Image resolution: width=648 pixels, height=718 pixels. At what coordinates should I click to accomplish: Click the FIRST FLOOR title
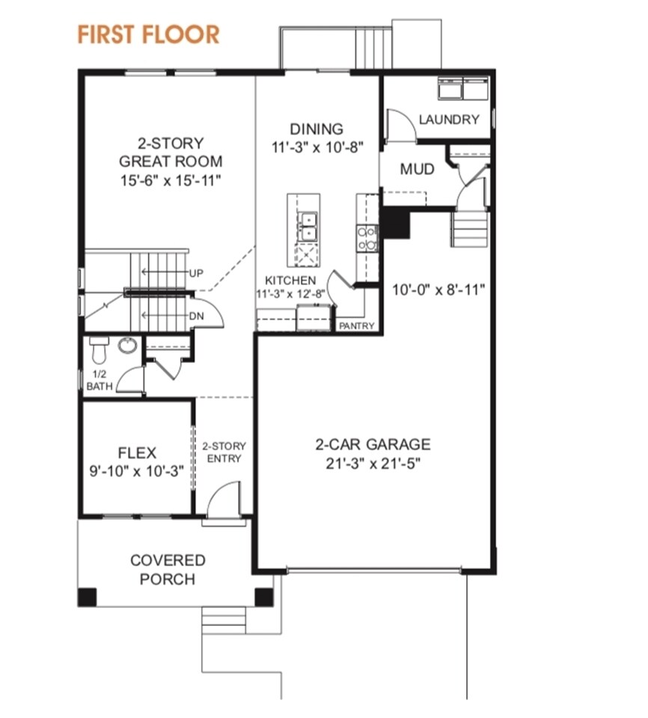click(148, 35)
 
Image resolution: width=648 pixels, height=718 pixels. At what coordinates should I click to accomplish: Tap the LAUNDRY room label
click(449, 120)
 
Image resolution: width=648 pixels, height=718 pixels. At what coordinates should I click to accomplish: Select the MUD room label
click(417, 169)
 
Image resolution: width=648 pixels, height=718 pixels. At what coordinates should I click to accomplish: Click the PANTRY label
click(356, 325)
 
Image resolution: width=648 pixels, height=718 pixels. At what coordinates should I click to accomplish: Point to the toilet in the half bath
click(99, 350)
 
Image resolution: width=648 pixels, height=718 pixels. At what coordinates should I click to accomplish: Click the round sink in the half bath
click(127, 345)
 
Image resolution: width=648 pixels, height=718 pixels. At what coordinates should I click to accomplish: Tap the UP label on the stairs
click(196, 274)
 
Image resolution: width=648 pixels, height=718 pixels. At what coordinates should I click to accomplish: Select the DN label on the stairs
click(197, 316)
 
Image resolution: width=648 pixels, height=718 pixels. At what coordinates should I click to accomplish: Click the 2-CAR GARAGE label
click(373, 444)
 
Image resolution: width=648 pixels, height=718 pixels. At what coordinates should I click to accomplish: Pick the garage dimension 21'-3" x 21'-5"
click(373, 464)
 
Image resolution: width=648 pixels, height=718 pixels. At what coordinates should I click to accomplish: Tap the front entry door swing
click(224, 500)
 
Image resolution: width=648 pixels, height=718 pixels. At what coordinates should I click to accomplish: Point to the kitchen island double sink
click(307, 226)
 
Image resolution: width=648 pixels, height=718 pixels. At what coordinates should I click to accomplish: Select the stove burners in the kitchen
click(367, 238)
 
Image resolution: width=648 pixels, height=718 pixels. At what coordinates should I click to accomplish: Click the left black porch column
click(87, 597)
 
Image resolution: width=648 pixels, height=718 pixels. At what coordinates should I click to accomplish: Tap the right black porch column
click(263, 597)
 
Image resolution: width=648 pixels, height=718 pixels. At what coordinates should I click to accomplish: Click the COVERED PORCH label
click(168, 570)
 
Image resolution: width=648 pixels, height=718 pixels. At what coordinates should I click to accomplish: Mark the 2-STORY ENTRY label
click(224, 452)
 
